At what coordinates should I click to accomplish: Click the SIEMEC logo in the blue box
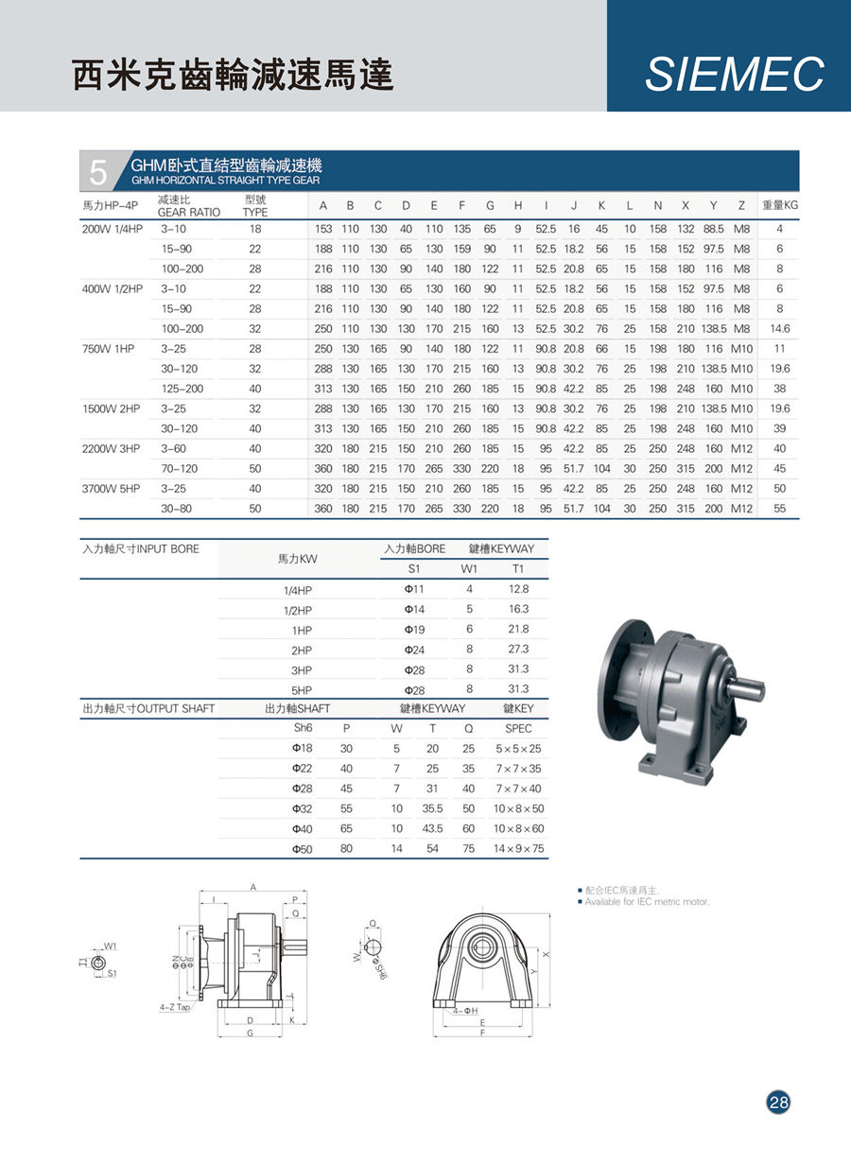click(x=734, y=75)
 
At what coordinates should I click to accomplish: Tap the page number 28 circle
click(x=778, y=1102)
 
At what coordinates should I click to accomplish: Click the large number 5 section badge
click(x=98, y=171)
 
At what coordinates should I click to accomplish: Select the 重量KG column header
click(x=780, y=205)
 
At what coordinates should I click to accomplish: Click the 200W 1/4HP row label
click(x=112, y=229)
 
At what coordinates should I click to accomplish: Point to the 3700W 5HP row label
click(x=112, y=489)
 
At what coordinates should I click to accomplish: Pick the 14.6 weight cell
click(x=779, y=328)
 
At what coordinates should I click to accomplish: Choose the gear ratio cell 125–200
click(x=182, y=389)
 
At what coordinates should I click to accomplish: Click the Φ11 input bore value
click(x=413, y=589)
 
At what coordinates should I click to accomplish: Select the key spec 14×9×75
click(x=518, y=848)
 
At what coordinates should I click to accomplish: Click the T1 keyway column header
click(x=516, y=569)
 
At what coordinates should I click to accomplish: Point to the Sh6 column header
click(x=303, y=728)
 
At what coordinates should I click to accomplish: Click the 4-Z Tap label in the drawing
click(x=176, y=1008)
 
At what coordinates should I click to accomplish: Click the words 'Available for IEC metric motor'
click(x=647, y=902)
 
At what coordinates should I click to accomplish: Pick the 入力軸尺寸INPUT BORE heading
click(x=141, y=548)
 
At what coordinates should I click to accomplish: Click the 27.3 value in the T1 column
click(x=518, y=649)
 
